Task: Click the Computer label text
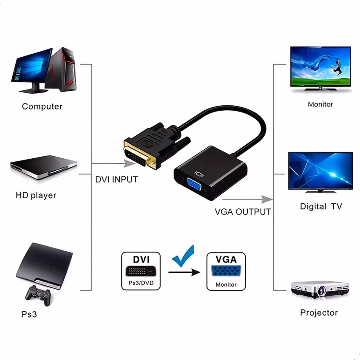coord(42,106)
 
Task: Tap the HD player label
coord(36,195)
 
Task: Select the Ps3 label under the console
coord(29,314)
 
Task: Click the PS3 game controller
coord(38,295)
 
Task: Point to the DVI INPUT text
coord(116,179)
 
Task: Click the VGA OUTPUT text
coord(243,212)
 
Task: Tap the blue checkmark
coord(183,256)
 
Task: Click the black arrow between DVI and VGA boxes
coord(184,272)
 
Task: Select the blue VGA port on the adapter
coord(194,184)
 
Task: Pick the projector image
coord(320,290)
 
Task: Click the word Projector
coord(319,313)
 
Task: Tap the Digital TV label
coord(321,206)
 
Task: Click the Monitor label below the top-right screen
coord(320,104)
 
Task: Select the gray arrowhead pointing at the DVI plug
coord(129,163)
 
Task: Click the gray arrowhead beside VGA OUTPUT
coord(267,199)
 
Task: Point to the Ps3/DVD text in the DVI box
coord(141,283)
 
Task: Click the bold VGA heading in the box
coord(226,259)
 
